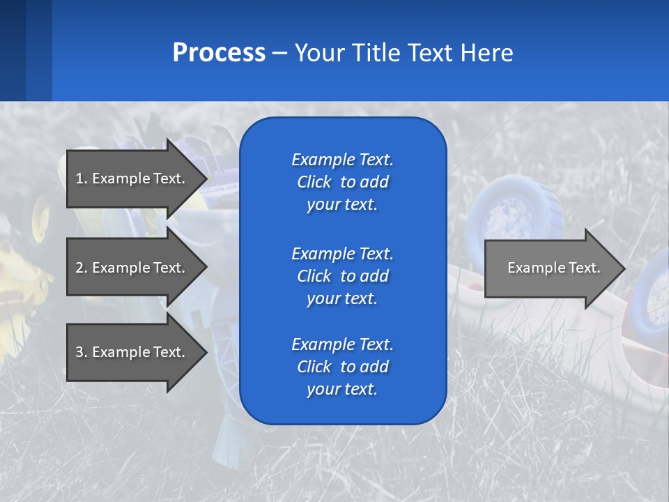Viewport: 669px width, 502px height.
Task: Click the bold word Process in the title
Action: [x=219, y=53]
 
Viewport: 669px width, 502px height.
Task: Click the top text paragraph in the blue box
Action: [x=342, y=182]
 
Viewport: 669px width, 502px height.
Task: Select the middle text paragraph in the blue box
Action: [x=342, y=275]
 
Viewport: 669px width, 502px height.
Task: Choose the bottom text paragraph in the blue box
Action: [x=342, y=367]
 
